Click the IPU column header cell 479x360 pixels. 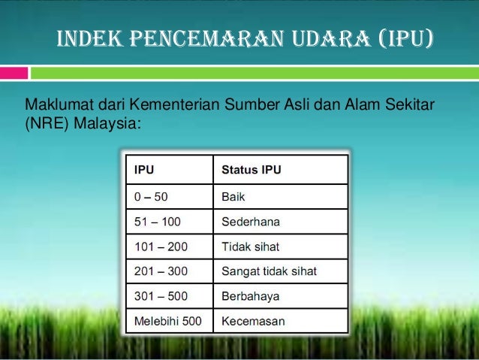point(167,170)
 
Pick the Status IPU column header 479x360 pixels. point(280,170)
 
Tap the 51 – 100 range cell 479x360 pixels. point(167,222)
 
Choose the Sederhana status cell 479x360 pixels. point(280,222)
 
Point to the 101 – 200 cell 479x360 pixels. point(167,246)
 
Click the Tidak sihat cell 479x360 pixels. point(280,246)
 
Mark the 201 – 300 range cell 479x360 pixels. point(167,271)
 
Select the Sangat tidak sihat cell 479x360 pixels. point(280,271)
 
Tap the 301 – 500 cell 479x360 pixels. point(167,296)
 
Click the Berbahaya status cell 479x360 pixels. point(280,296)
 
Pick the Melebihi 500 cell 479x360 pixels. point(167,321)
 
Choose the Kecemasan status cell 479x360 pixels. point(280,321)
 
